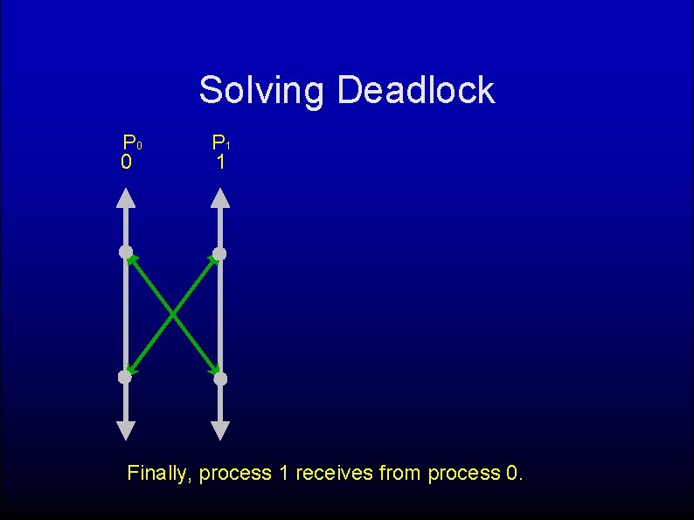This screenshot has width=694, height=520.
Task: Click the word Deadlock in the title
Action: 415,90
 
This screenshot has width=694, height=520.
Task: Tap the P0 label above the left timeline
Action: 131,142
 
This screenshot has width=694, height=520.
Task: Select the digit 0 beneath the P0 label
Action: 127,163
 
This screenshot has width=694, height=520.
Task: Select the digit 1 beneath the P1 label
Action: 221,163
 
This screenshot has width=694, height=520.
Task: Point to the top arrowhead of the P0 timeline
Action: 126,198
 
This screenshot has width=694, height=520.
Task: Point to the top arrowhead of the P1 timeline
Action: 220,198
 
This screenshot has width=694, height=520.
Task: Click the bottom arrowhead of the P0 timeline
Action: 126,430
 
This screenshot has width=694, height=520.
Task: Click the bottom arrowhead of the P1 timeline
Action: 220,430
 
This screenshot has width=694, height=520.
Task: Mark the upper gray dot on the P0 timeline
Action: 126,253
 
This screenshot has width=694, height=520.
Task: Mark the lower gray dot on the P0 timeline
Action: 125,378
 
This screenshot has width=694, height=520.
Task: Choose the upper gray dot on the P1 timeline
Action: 219,253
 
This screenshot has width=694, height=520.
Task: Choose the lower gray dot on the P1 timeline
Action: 220,378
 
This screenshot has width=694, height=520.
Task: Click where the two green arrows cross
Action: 172,315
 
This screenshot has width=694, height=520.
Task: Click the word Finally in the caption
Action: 159,474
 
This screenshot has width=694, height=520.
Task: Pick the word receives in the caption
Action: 331,474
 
